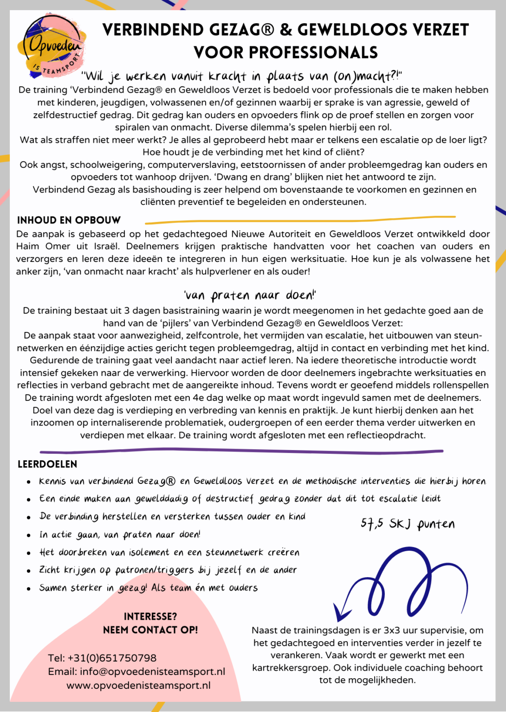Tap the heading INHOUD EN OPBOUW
(69, 220)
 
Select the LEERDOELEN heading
(47, 464)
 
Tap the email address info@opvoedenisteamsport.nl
(152, 672)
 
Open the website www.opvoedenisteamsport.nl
(138, 685)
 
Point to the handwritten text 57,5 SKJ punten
(408, 524)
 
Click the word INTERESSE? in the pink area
(150, 617)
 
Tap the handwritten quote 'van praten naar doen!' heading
(250, 295)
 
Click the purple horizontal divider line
(241, 450)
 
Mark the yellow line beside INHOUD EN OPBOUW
(300, 219)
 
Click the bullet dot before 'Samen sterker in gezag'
(29, 589)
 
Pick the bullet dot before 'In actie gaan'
(29, 535)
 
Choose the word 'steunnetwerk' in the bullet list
(235, 553)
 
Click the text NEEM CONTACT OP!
(150, 630)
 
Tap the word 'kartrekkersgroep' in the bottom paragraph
(291, 668)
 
